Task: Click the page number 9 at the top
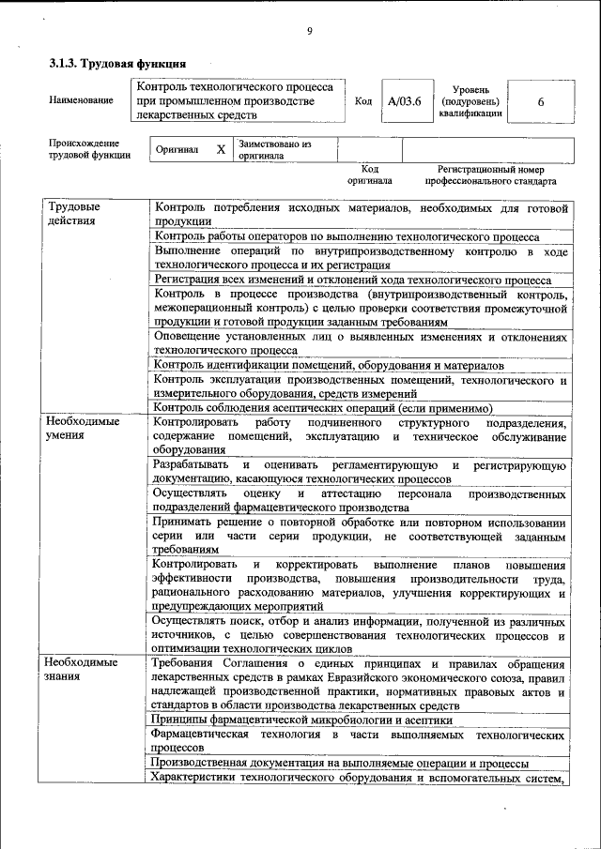pyautogui.click(x=309, y=33)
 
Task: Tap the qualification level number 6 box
pyautogui.click(x=541, y=101)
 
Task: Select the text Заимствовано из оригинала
pyautogui.click(x=274, y=150)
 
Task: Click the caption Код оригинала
pyautogui.click(x=369, y=174)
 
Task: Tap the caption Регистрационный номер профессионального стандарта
pyautogui.click(x=489, y=174)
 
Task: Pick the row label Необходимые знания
pyautogui.click(x=83, y=669)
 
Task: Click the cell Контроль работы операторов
pyautogui.click(x=347, y=237)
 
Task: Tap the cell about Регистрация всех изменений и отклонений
pyautogui.click(x=352, y=280)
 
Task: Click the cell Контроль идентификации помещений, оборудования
pyautogui.click(x=329, y=365)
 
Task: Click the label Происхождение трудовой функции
pyautogui.click(x=89, y=149)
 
